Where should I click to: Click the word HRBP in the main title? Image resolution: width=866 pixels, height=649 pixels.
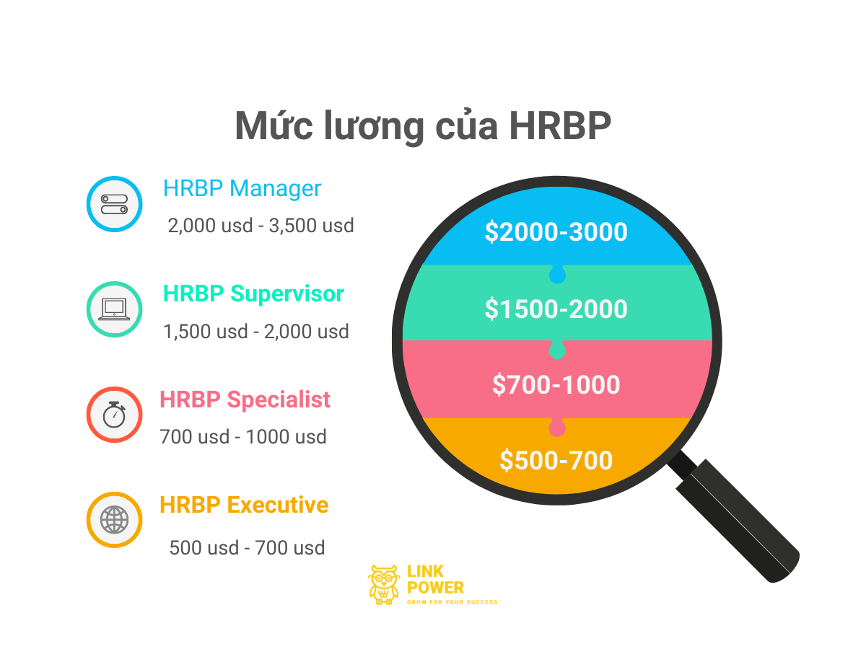click(559, 125)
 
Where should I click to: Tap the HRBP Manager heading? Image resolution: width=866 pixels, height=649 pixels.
click(242, 188)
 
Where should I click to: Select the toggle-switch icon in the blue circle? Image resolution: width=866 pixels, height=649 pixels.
click(115, 204)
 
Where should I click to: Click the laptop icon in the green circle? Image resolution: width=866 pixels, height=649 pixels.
click(114, 309)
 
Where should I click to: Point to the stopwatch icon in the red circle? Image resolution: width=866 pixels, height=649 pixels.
click(115, 414)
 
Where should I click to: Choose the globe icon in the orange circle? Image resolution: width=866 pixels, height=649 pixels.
click(115, 520)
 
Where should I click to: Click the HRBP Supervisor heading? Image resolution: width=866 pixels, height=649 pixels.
click(253, 294)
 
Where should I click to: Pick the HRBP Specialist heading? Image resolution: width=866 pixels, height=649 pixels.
click(245, 399)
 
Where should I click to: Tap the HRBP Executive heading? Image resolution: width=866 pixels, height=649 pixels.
click(244, 505)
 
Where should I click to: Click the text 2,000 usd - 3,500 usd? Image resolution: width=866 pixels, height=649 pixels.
click(261, 226)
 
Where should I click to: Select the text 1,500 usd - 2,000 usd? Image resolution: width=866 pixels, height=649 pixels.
click(256, 332)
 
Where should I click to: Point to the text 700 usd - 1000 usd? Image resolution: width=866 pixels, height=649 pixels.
click(243, 436)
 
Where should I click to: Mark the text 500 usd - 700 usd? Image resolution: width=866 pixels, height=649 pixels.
click(247, 548)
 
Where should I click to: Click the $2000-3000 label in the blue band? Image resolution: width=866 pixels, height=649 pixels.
click(556, 231)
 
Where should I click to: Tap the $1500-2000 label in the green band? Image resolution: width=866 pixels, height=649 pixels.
click(556, 309)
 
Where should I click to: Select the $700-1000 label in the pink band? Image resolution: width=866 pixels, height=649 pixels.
click(556, 384)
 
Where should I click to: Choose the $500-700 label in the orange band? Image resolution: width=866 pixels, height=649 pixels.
click(556, 460)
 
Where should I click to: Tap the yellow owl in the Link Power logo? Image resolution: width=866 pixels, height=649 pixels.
click(382, 585)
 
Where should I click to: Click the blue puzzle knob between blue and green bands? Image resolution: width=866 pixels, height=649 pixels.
click(557, 274)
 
